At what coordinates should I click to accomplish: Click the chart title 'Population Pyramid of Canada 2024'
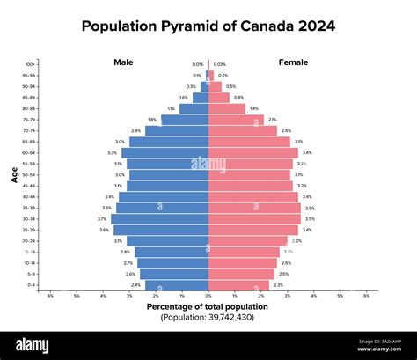pyautogui.click(x=208, y=26)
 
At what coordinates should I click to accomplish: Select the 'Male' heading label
pyautogui.click(x=123, y=62)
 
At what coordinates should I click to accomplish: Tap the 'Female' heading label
pyautogui.click(x=292, y=62)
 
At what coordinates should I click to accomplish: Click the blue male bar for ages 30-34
pyautogui.click(x=160, y=219)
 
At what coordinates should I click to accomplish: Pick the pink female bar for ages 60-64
pyautogui.click(x=252, y=152)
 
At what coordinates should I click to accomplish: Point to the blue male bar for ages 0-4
pyautogui.click(x=177, y=285)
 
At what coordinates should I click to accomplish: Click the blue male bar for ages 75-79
pyautogui.click(x=185, y=120)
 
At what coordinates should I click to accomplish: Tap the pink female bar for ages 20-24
pyautogui.click(x=247, y=241)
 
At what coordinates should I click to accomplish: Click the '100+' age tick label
pyautogui.click(x=30, y=64)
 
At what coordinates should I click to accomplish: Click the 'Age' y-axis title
pyautogui.click(x=14, y=174)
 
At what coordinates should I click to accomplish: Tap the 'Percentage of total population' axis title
pyautogui.click(x=208, y=305)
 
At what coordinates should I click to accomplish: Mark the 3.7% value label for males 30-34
pyautogui.click(x=102, y=219)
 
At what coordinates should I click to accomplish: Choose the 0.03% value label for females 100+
pyautogui.click(x=219, y=64)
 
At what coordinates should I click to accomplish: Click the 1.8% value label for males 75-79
pyautogui.click(x=152, y=120)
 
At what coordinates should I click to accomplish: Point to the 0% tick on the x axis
pyautogui.click(x=208, y=296)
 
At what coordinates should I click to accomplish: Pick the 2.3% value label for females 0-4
pyautogui.click(x=278, y=285)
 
